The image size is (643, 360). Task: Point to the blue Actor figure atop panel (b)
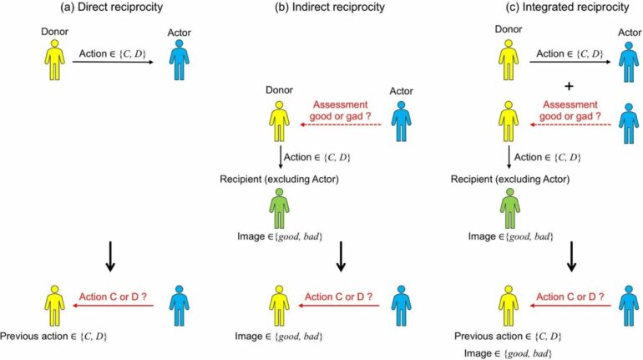(402, 123)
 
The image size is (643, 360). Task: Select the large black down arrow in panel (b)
(341, 257)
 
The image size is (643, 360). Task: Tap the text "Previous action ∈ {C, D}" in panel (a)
(57, 337)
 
